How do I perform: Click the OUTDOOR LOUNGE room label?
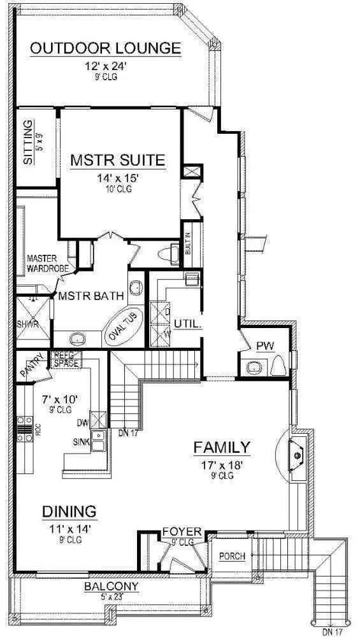pos(106,48)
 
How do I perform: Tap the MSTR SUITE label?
pos(118,159)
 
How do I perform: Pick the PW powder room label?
pos(264,346)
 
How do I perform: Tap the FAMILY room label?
pos(222,447)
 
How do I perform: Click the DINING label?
pos(69,511)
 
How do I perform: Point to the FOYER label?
pos(182,531)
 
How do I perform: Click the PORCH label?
pos(232,556)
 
